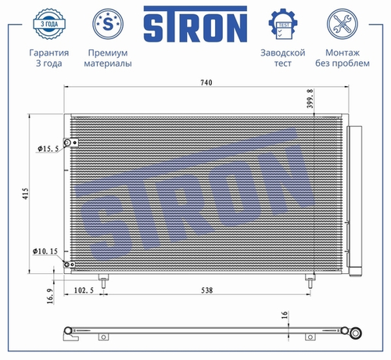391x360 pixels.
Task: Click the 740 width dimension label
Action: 206,82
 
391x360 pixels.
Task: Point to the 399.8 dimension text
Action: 310,99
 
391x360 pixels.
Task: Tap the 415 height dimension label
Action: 26,193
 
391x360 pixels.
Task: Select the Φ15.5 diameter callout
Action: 48,149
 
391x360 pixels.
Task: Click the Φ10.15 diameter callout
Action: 45,251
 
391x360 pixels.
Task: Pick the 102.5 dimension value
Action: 84,290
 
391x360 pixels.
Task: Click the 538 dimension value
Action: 206,290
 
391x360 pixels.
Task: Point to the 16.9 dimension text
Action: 50,296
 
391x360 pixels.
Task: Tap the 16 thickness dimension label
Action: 285,315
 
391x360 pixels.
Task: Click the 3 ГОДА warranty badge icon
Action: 49,24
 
